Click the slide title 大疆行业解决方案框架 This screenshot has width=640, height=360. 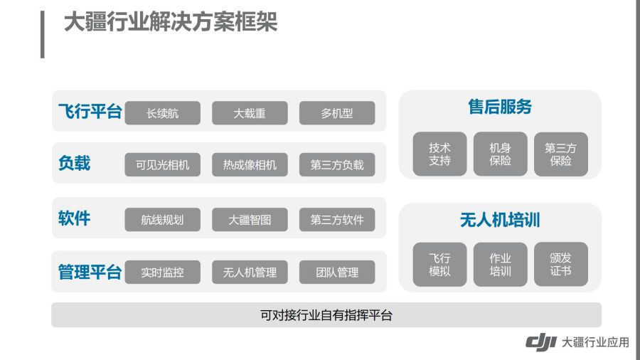click(171, 21)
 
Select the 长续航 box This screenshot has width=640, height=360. click(162, 113)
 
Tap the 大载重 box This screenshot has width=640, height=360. click(250, 113)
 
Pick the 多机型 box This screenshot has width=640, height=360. click(337, 113)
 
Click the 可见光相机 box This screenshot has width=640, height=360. click(162, 165)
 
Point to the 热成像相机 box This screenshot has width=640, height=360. click(250, 165)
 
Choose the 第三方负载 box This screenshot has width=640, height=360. click(337, 165)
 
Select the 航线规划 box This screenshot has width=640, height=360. click(162, 220)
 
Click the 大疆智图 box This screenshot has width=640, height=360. click(250, 220)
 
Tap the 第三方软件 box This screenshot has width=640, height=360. click(337, 220)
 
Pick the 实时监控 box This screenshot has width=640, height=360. click(162, 272)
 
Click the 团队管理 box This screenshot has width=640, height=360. click(337, 272)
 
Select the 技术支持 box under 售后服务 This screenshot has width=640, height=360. click(439, 154)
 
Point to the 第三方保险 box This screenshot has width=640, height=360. click(561, 154)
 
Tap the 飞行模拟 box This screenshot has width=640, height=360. click(439, 265)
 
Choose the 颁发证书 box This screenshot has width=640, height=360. click(561, 265)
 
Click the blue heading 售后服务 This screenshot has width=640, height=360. click(500, 107)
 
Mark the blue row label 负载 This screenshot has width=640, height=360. click(74, 163)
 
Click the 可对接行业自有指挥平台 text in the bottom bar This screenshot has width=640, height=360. click(326, 315)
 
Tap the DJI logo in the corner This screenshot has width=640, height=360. click(541, 342)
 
